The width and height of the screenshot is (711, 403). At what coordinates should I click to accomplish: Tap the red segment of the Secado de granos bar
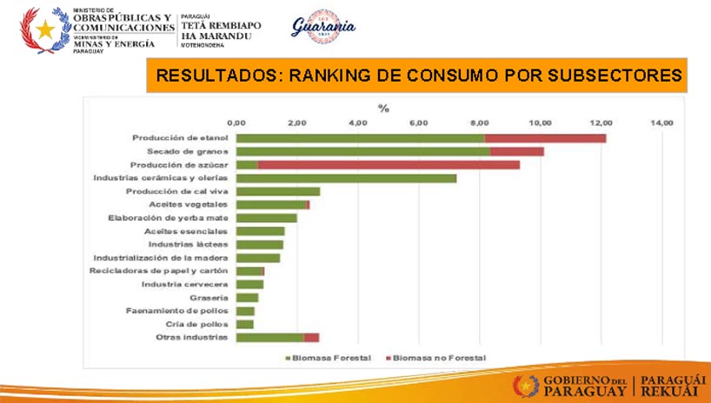click(516, 152)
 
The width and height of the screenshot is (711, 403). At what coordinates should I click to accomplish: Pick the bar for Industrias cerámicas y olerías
click(346, 179)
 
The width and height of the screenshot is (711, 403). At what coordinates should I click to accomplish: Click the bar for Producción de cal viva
click(278, 192)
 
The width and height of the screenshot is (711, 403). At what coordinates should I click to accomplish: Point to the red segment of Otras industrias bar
click(311, 337)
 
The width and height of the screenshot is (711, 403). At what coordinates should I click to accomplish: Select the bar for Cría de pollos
click(245, 324)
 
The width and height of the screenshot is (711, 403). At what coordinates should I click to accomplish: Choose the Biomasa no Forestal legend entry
click(439, 357)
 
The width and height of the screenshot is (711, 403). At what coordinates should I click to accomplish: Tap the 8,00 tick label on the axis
click(479, 123)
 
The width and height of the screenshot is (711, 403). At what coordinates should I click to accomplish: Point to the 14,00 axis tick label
click(662, 123)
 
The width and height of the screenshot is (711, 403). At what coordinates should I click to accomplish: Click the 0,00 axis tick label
click(236, 123)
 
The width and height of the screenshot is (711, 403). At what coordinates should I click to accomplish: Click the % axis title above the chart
click(383, 108)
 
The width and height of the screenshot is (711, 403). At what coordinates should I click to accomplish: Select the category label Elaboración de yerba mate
click(168, 218)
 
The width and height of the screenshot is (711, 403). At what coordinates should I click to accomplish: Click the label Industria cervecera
click(185, 284)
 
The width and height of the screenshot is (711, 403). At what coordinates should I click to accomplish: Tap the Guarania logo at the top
click(322, 29)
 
